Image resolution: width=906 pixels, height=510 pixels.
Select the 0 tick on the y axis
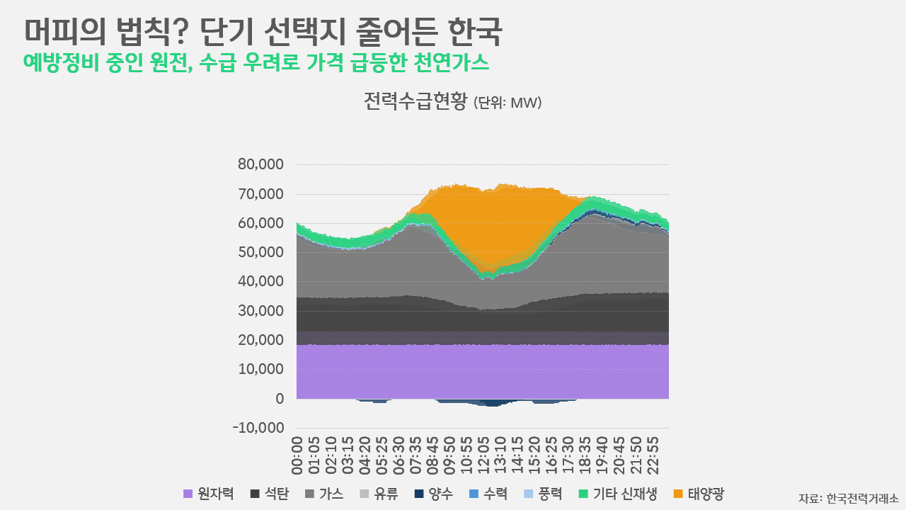pos(280,399)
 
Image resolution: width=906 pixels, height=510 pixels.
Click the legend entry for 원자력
pos(209,494)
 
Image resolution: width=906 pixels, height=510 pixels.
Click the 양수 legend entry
pos(434,494)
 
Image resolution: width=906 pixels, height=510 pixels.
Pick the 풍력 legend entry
pos(543,494)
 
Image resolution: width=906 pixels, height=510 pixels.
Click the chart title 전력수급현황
pos(415,102)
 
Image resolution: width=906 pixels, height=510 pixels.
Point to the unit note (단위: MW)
pos(508,103)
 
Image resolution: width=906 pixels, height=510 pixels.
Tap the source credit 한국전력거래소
pos(863,497)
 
